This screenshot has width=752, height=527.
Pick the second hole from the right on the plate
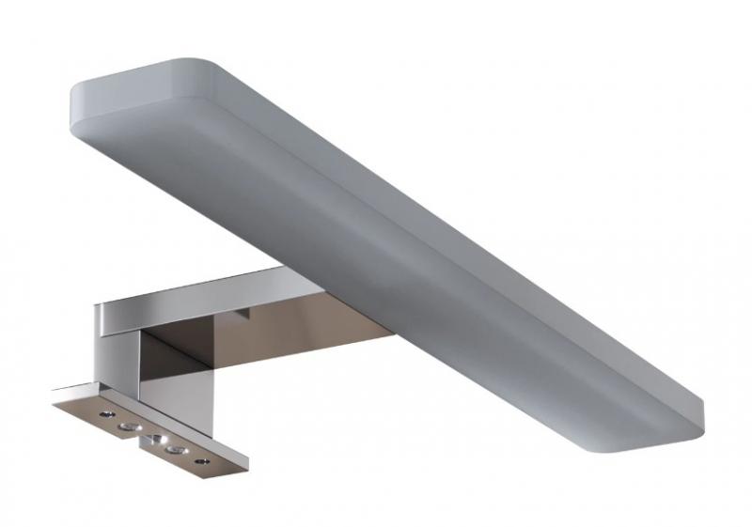(173, 450)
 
